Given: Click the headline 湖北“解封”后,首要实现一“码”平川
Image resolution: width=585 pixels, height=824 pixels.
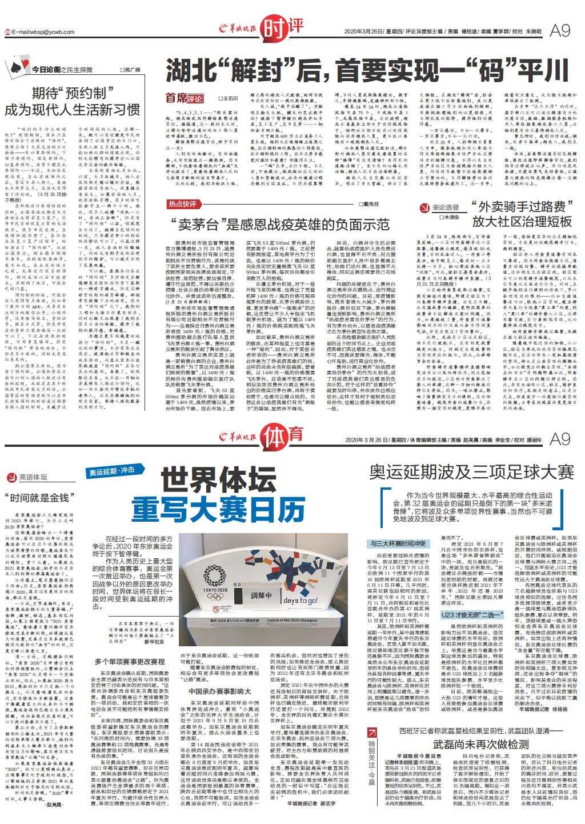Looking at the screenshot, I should click(366, 72).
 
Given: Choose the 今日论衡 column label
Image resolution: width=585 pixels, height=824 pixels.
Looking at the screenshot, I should click(46, 69).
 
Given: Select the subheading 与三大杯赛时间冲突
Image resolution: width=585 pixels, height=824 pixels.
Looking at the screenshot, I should click(398, 542).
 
